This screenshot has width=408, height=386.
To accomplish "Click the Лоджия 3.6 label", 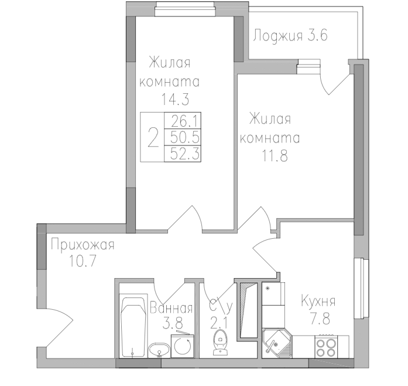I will pyautogui.click(x=290, y=35).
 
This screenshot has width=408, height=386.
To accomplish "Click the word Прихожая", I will pyautogui.click(x=82, y=244).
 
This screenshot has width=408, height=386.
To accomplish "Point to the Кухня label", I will pyautogui.click(x=318, y=302).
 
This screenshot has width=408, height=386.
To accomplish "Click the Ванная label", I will pyautogui.click(x=171, y=307).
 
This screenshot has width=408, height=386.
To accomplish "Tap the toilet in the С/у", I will pyautogui.click(x=220, y=341).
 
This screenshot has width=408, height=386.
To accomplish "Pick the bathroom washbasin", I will pyautogui.click(x=158, y=350).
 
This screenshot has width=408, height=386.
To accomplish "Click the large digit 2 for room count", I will pyautogui.click(x=153, y=138).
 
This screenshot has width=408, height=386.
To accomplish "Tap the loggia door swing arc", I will pyautogui.click(x=334, y=82).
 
